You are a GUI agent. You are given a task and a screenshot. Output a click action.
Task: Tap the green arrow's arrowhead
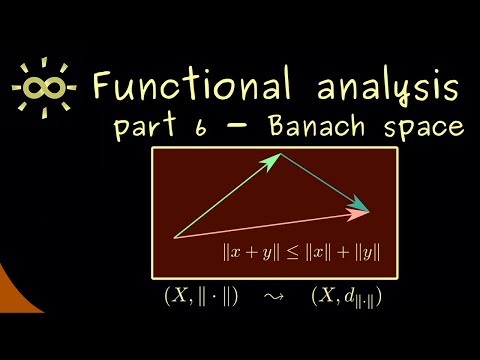click(x=277, y=158)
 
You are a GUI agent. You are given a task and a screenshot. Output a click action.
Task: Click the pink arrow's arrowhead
click(x=360, y=212)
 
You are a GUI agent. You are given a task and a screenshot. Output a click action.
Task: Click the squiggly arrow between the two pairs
click(x=269, y=298)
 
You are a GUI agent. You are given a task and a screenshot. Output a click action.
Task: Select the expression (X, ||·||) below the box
click(x=200, y=298)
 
